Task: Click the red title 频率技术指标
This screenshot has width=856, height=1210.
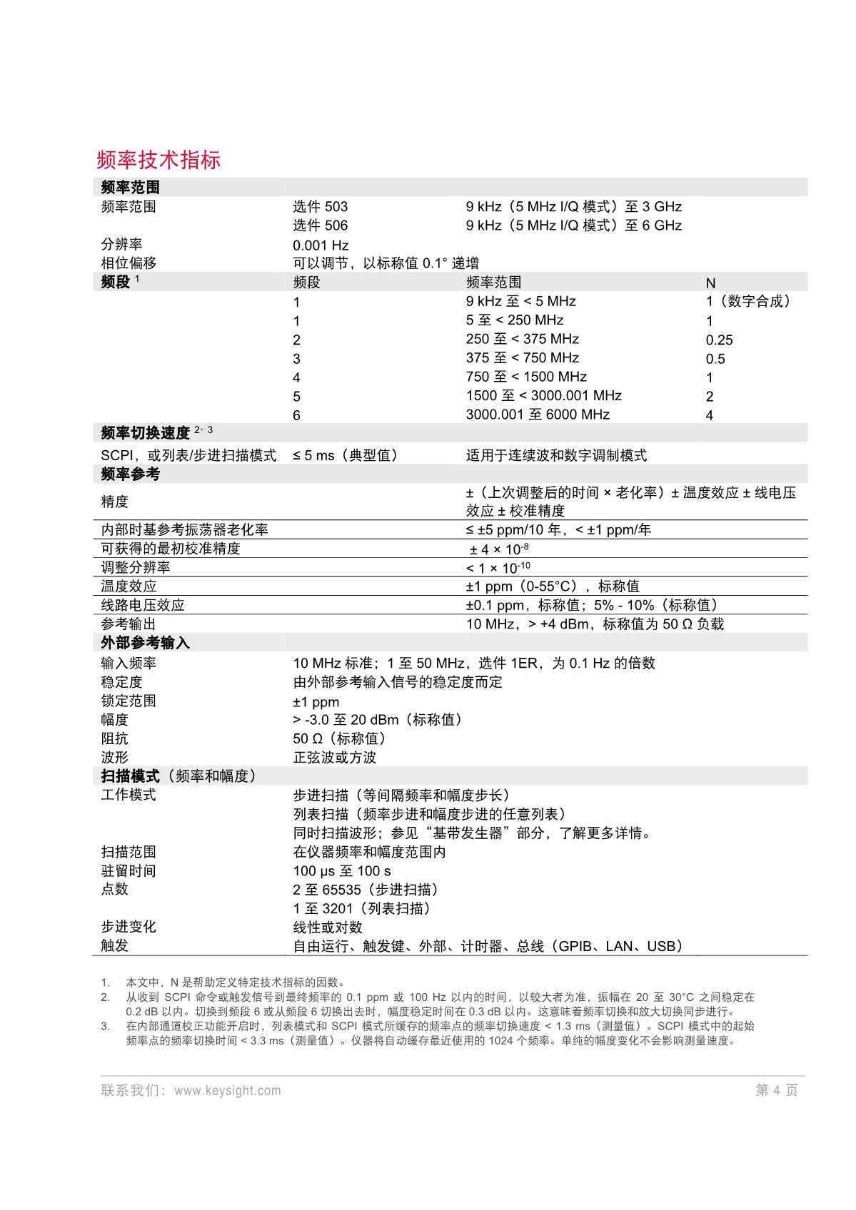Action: [158, 159]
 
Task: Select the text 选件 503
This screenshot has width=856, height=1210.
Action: [320, 207]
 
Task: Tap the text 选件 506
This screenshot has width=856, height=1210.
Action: [320, 225]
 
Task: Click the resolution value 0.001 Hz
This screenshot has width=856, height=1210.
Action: [321, 245]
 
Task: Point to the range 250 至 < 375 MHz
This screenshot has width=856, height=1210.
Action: [522, 339]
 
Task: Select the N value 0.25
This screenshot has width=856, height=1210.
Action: [719, 340]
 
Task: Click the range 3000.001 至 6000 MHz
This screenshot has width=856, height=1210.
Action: [538, 415]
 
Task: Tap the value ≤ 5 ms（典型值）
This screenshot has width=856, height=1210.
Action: [345, 455]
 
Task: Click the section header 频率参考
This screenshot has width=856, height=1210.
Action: [131, 474]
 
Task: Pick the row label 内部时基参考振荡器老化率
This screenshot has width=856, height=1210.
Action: [184, 529]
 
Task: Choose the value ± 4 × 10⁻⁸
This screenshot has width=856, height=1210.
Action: [499, 549]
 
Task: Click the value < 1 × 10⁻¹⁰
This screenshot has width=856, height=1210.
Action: [498, 568]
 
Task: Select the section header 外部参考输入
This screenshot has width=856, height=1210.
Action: [146, 643]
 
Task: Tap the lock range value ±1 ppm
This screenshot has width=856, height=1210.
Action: [316, 701]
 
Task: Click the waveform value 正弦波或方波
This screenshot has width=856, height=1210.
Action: [334, 758]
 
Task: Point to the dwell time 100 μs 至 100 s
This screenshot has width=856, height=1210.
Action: [342, 871]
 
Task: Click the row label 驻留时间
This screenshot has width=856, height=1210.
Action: [129, 871]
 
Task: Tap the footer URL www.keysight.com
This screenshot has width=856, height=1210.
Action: [227, 1090]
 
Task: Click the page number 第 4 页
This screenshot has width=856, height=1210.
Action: [777, 1090]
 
